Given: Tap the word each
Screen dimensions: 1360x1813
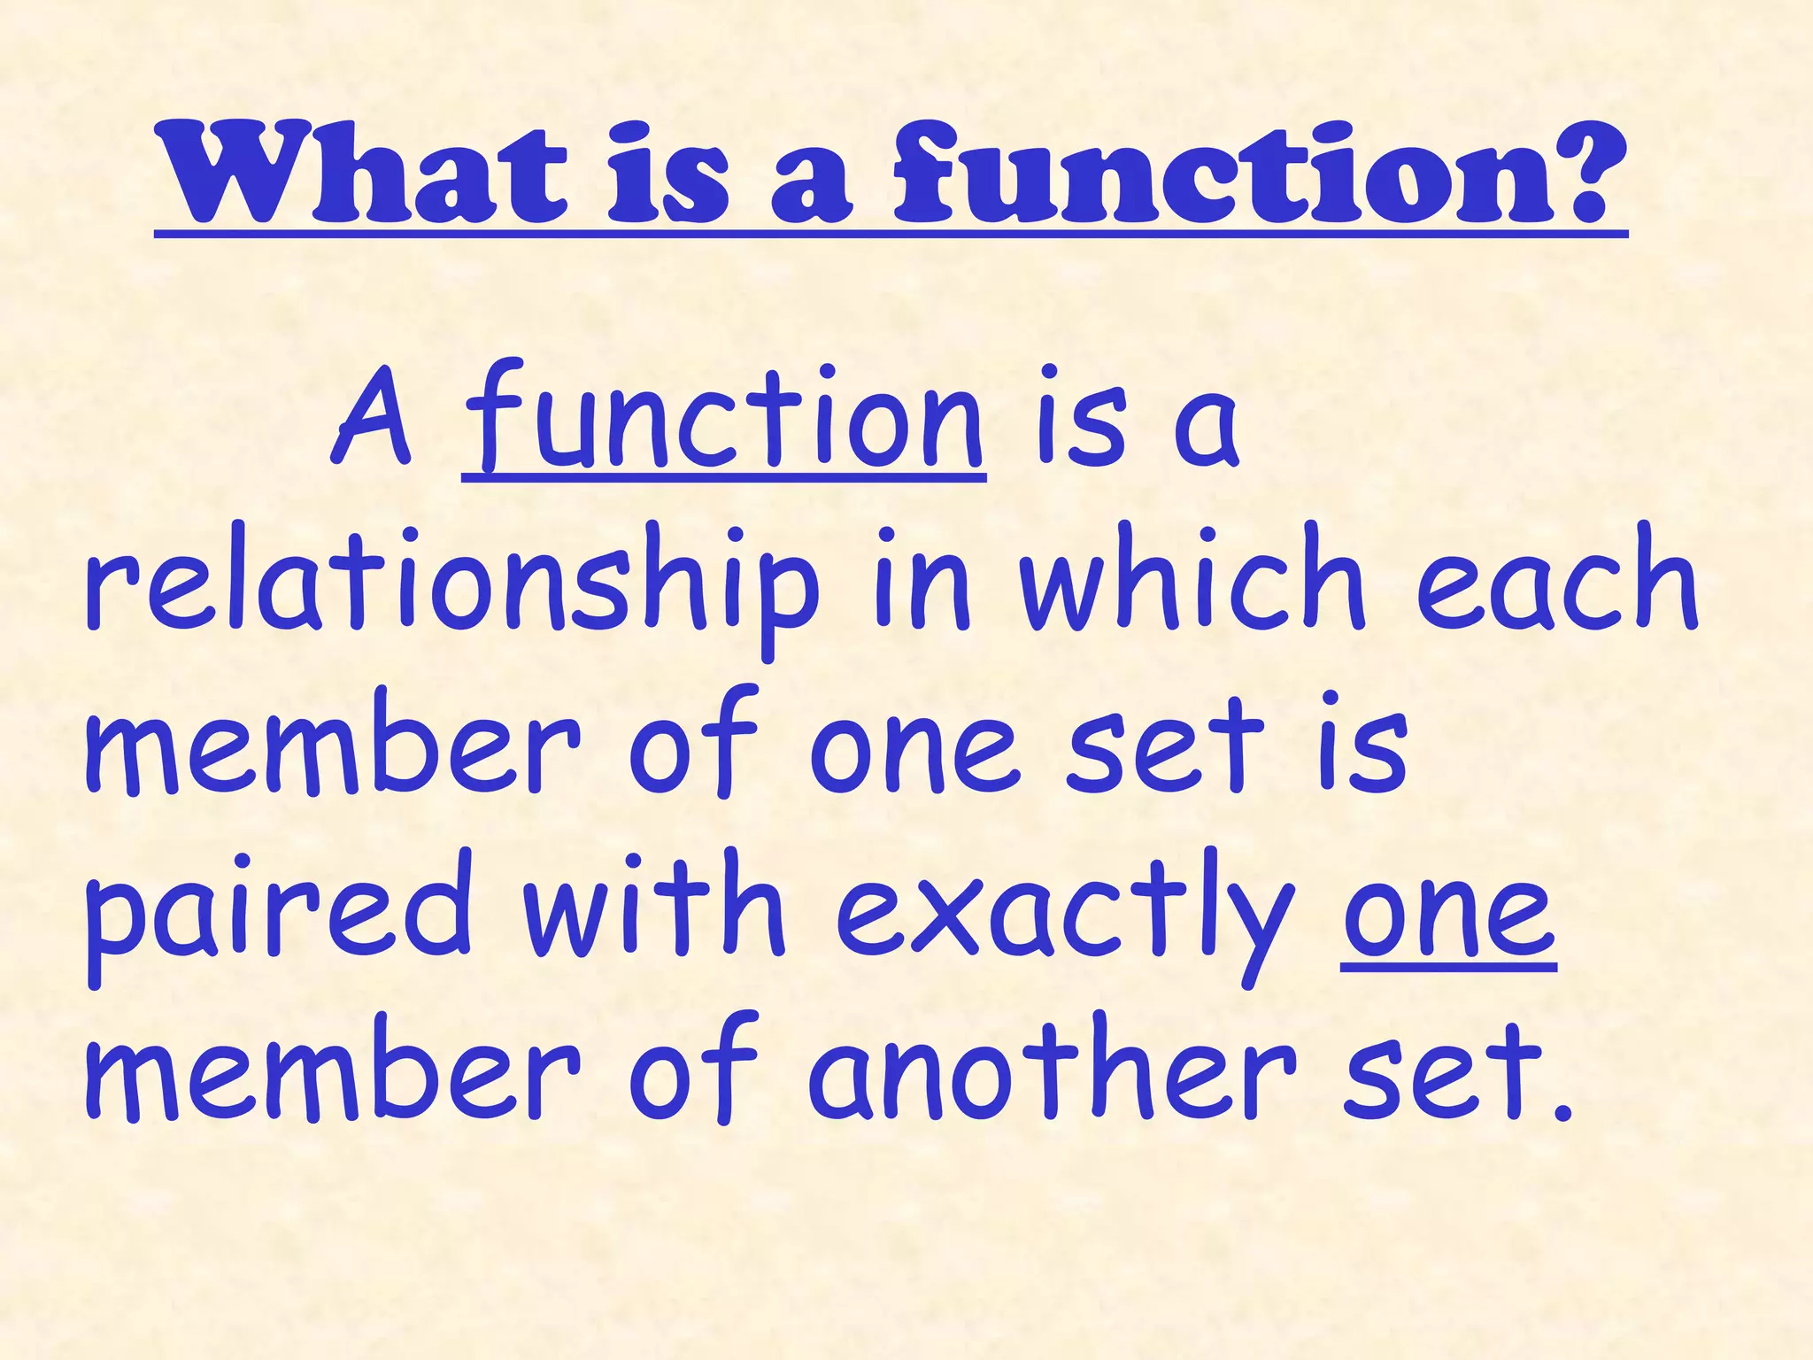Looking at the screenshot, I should point(1558,580).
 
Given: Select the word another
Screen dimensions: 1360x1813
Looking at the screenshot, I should point(1052,1071).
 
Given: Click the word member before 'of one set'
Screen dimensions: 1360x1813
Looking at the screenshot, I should point(333,744).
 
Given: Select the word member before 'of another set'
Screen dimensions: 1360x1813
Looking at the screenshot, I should point(333,1071).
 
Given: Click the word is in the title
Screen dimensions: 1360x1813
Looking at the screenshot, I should point(668,174).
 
